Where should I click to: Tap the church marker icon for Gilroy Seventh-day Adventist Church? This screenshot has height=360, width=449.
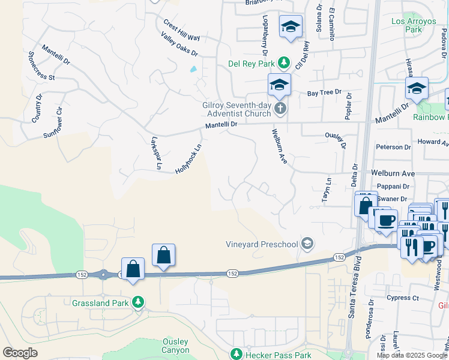click(280, 109)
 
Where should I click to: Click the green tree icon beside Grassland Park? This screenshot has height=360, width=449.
click(139, 302)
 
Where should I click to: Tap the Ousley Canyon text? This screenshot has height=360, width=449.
click(176, 346)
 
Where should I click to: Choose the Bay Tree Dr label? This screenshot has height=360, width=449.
click(324, 93)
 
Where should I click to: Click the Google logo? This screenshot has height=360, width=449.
click(20, 353)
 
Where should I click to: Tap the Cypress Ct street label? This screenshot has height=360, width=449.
click(403, 298)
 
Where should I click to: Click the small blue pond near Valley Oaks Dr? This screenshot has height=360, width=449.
click(193, 69)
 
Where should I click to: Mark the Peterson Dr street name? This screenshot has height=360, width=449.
click(393, 146)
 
